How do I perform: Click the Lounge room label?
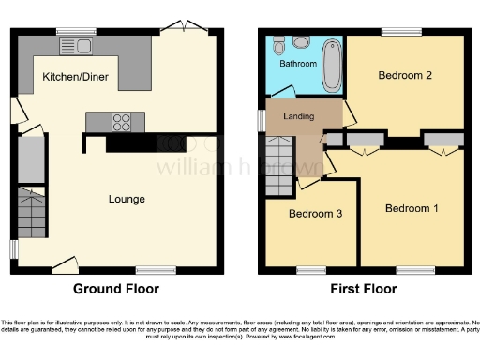click(x=126, y=198)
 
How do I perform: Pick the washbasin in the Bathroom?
click(x=278, y=43)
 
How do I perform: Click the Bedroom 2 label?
click(x=404, y=75)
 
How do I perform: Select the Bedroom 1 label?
click(x=412, y=208)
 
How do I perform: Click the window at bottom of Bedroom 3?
click(x=309, y=269)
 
